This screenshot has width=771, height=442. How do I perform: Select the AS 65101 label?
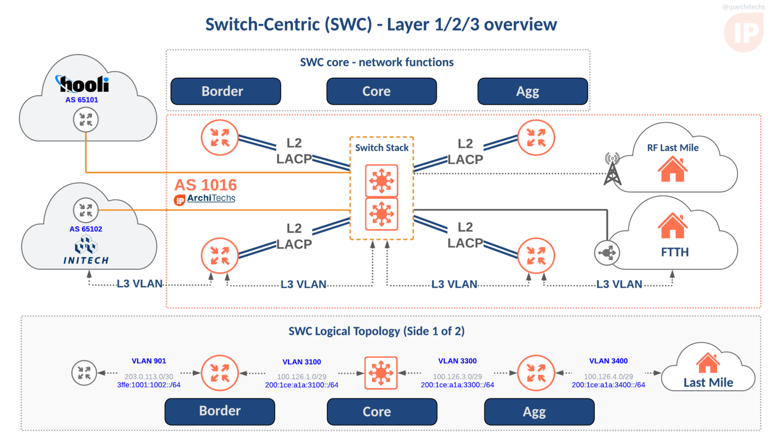[81, 100]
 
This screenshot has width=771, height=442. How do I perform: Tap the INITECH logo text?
[86, 260]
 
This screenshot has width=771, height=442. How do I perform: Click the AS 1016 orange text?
[205, 185]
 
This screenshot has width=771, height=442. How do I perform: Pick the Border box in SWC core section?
[225, 91]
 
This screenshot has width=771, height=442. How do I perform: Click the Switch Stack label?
[381, 148]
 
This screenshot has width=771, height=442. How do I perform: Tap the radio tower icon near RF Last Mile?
[612, 169]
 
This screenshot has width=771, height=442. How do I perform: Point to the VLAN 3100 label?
[301, 362]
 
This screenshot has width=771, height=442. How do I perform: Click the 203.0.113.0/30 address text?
[149, 376]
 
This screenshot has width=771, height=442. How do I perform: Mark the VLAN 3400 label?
[608, 361]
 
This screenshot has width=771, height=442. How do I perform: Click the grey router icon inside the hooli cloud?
[86, 120]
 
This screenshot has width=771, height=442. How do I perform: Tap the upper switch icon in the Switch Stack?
[381, 181]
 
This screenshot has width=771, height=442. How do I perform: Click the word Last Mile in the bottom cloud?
[708, 383]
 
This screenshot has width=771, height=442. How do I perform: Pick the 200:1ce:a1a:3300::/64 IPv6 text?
[457, 385]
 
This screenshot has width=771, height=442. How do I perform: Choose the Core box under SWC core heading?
[381, 91]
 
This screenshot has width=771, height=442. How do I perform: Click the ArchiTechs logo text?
[211, 198]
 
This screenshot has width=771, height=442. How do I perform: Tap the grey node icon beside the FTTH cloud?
[606, 253]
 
